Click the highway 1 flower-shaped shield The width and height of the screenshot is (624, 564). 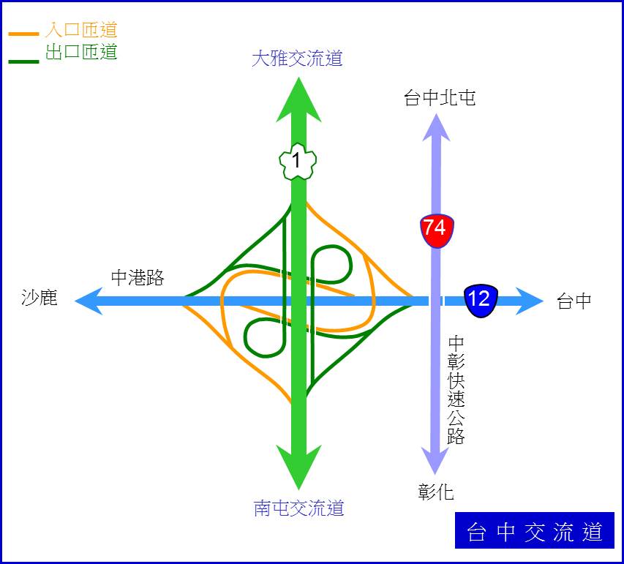[298, 161]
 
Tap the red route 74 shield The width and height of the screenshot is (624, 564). [437, 230]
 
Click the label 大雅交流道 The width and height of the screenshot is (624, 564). [297, 58]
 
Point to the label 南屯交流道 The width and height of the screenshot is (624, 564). [298, 508]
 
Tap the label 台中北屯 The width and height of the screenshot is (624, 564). [440, 98]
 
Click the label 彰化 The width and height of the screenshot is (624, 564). [436, 492]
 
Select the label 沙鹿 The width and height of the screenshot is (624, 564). [40, 297]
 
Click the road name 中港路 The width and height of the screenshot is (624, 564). [138, 277]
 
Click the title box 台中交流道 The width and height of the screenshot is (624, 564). [535, 530]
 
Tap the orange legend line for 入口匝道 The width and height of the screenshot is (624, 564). [24, 34]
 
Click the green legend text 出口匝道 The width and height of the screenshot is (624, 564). [81, 52]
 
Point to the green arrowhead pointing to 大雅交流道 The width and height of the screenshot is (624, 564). [298, 99]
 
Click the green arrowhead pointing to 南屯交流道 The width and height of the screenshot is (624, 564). [298, 467]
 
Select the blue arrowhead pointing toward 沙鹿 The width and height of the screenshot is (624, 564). [89, 301]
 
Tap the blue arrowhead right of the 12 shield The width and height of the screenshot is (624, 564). [530, 301]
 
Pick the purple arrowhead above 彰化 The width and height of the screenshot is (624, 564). [436, 461]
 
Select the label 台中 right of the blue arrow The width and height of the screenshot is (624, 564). [574, 301]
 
